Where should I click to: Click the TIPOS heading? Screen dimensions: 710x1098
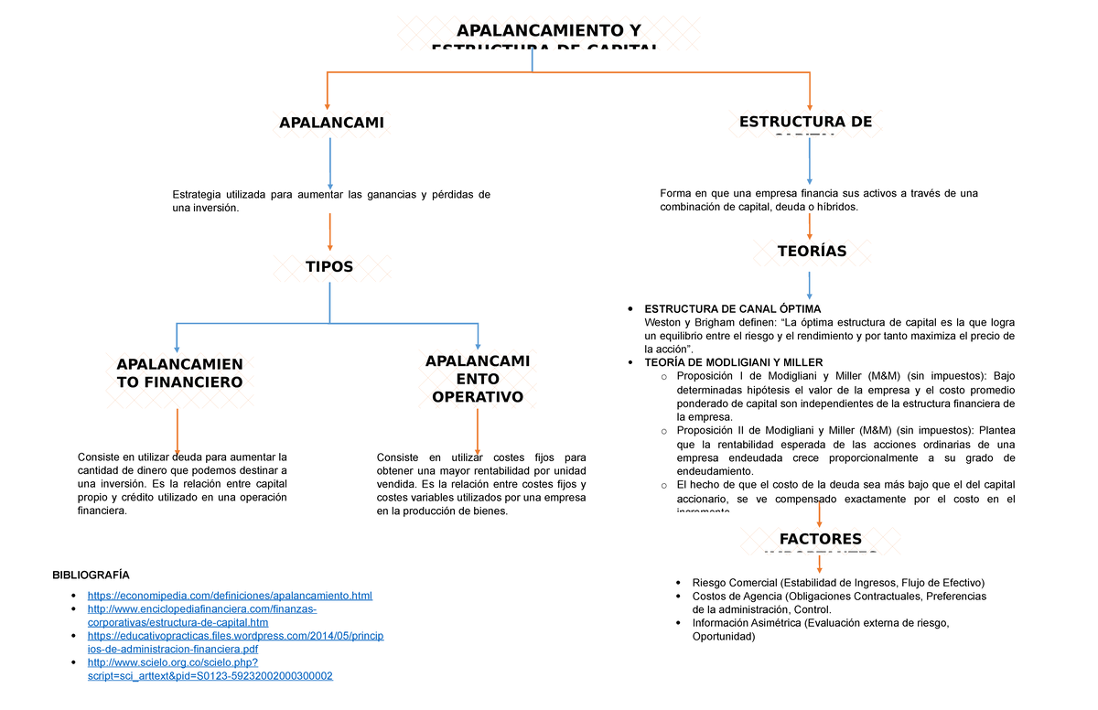coord(329,266)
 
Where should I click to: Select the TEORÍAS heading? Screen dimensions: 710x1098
coord(812,251)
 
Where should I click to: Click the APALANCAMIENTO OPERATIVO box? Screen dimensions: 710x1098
coord(478,379)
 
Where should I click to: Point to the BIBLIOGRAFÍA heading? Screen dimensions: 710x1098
coord(91,575)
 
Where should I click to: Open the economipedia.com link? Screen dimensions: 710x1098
coord(230,597)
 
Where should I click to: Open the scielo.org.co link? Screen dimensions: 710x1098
coord(210,670)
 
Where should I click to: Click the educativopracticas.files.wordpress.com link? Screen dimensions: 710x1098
coord(235,642)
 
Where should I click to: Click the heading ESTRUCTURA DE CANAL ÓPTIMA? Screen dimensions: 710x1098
coord(733,309)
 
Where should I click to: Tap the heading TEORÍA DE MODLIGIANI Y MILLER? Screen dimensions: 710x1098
coord(734,362)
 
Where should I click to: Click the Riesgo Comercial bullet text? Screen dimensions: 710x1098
coord(837,583)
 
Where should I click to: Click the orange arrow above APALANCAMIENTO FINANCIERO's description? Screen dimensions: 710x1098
coord(177,430)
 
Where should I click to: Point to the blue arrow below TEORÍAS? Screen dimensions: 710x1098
coord(809,284)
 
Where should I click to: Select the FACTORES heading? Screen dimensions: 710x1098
coord(820,540)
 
